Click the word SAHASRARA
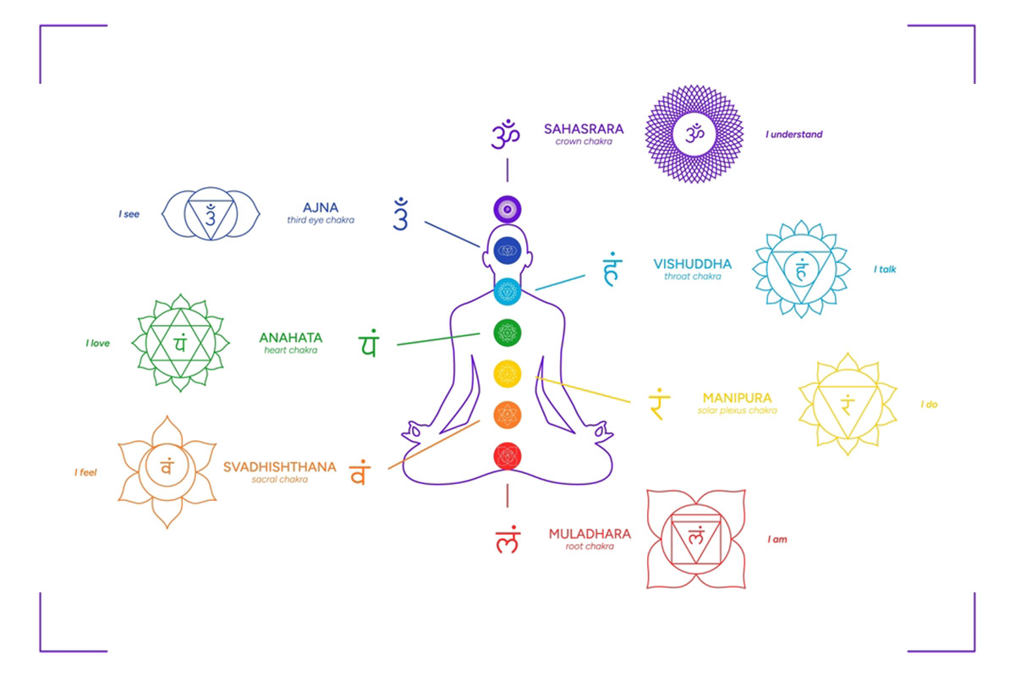[x=584, y=129]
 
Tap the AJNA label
[x=321, y=207]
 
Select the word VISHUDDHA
[x=693, y=264]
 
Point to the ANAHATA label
[x=290, y=338]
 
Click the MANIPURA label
[x=737, y=398]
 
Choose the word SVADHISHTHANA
[x=280, y=467]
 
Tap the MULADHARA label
[x=590, y=534]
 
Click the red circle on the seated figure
[x=507, y=456]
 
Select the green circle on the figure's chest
[x=507, y=333]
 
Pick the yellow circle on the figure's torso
[x=507, y=374]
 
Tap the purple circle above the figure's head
[x=507, y=210]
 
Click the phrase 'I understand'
[x=794, y=135]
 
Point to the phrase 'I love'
[x=98, y=344]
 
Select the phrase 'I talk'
[x=885, y=269]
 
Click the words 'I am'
[x=777, y=539]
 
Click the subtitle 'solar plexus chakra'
[x=737, y=410]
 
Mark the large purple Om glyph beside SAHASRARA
[x=505, y=135]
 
